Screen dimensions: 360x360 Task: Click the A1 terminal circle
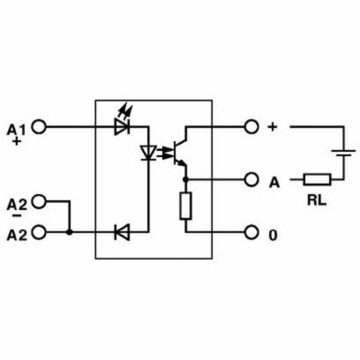click(39, 127)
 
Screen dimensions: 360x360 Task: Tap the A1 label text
click(16, 130)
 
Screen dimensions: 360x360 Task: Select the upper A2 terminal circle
click(39, 201)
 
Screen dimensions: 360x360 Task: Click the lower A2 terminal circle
click(39, 232)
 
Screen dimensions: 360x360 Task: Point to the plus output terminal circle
click(251, 127)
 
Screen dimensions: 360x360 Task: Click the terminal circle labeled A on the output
click(251, 179)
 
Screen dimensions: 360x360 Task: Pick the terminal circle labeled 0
click(251, 233)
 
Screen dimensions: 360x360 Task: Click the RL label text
click(317, 200)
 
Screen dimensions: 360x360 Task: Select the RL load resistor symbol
click(318, 179)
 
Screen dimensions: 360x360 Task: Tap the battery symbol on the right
click(343, 154)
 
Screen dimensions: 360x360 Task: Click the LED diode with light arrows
click(122, 127)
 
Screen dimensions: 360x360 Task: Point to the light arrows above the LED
click(125, 111)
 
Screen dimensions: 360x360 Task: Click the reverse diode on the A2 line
click(122, 232)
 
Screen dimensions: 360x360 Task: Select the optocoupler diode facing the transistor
click(148, 153)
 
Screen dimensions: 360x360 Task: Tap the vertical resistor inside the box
click(186, 206)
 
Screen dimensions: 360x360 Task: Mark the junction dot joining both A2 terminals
click(70, 232)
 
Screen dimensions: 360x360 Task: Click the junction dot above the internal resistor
click(185, 179)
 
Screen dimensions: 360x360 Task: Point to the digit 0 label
click(274, 236)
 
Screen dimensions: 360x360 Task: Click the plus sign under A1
click(17, 142)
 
